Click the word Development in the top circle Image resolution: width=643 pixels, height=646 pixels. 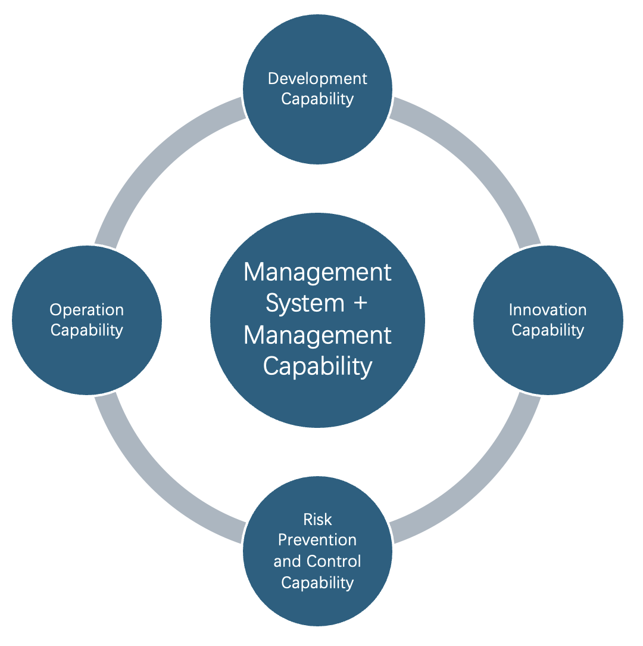pyautogui.click(x=317, y=79)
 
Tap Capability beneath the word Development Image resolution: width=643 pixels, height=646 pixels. pyautogui.click(x=317, y=100)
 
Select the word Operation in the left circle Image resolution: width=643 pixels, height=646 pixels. pyautogui.click(x=87, y=310)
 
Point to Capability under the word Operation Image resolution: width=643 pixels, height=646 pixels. pyautogui.click(x=87, y=330)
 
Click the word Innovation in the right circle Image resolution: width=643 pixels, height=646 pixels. pyautogui.click(x=548, y=310)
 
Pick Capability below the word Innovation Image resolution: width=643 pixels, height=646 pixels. pyautogui.click(x=548, y=330)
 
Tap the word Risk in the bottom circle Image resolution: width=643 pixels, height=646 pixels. pyautogui.click(x=317, y=520)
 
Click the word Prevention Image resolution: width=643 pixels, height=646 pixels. pyautogui.click(x=317, y=540)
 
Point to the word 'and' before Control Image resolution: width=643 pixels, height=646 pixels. pyautogui.click(x=288, y=561)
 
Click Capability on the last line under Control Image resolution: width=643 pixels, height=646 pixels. pyautogui.click(x=317, y=583)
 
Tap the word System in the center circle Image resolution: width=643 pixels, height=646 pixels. pyautogui.click(x=305, y=304)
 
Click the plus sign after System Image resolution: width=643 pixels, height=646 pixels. pyautogui.click(x=361, y=303)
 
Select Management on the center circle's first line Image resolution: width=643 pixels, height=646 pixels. pyautogui.click(x=317, y=272)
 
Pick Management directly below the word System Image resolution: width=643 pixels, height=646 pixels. pyautogui.click(x=317, y=336)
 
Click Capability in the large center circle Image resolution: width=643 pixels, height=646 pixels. pyautogui.click(x=317, y=367)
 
